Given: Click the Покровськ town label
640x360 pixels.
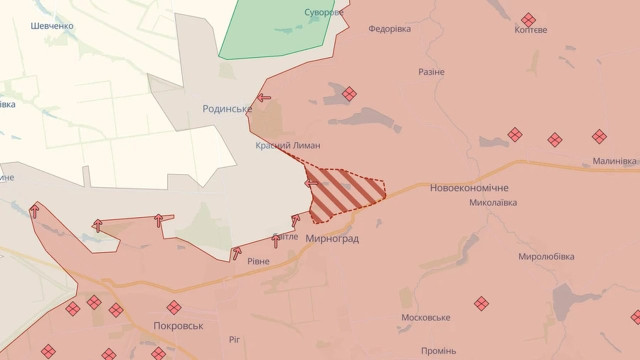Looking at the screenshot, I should (179, 326).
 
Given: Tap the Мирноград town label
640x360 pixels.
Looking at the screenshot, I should (333, 240).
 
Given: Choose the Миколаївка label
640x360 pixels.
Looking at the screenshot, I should (493, 203).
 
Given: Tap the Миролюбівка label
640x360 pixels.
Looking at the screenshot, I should (546, 257).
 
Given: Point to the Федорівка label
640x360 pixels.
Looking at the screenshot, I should (390, 29).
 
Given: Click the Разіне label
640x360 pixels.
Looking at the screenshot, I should (432, 73).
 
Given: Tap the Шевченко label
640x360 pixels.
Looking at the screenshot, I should (52, 26).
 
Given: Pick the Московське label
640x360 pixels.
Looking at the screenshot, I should (426, 318).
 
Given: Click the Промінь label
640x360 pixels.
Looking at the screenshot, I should (439, 351).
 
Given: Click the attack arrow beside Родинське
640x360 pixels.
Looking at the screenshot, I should (263, 98).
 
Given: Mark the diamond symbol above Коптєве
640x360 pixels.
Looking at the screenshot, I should (528, 19).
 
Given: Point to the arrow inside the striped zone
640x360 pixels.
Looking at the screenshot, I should (312, 183).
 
